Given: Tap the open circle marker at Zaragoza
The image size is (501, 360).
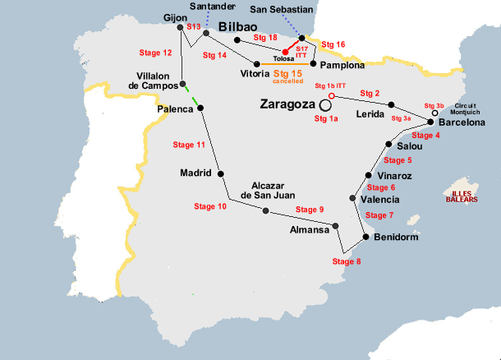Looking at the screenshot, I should [326, 105].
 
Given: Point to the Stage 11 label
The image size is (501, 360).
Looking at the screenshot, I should [189, 145].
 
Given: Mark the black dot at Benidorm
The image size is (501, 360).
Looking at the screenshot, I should [365, 238].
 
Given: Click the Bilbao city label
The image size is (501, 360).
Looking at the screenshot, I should [239, 27].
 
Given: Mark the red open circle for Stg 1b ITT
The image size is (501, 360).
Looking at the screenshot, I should [331, 95].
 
